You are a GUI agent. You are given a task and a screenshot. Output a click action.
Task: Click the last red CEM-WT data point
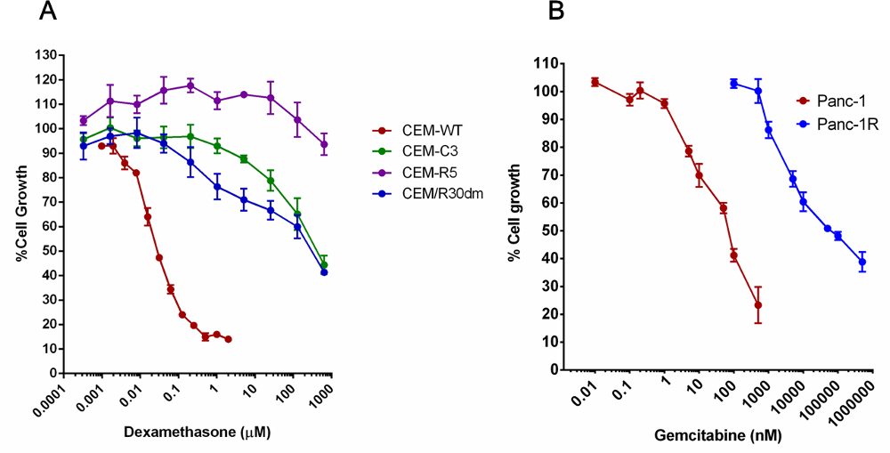(x=229, y=339)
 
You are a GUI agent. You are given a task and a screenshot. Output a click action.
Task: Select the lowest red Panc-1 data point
(x=758, y=305)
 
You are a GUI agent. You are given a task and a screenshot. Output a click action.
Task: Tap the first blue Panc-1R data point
(x=734, y=84)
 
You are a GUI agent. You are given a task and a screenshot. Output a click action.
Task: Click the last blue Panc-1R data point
(x=862, y=262)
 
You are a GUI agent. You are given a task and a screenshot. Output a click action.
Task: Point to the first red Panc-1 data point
(x=595, y=82)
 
